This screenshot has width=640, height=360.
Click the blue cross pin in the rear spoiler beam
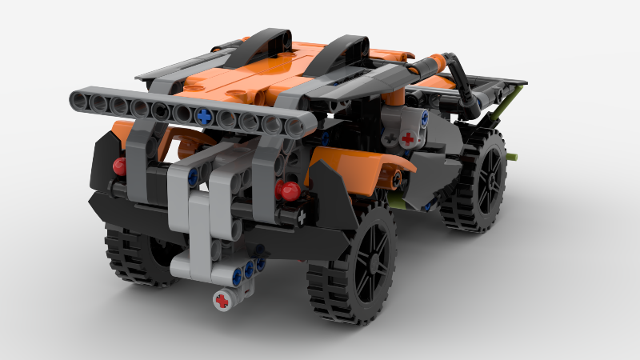tap(206, 115)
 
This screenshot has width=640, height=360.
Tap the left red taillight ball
tap(121, 166)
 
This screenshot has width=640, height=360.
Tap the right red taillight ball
tap(288, 190)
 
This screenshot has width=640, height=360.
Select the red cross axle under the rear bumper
tap(222, 300)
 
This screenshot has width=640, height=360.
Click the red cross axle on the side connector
tap(409, 137)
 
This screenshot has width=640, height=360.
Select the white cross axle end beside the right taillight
tap(301, 216)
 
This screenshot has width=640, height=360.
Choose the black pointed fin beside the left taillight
tap(102, 160)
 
